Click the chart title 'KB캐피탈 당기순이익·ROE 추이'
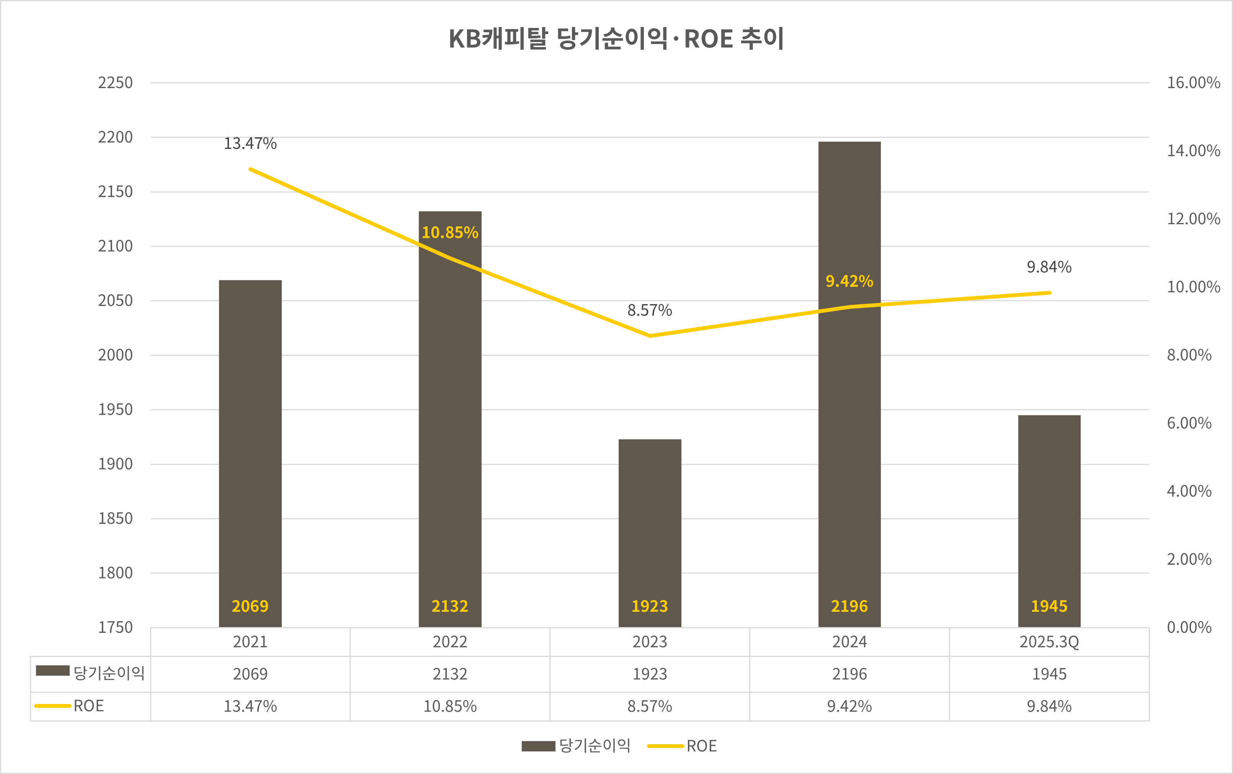tap(616, 39)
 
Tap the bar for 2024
tap(849, 409)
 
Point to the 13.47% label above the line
tap(250, 144)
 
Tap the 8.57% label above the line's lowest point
tap(649, 310)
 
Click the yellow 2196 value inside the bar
tap(849, 606)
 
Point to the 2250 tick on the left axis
tap(115, 83)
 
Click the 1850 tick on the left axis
tap(115, 518)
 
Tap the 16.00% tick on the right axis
tap(1193, 83)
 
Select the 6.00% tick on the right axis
tap(1189, 423)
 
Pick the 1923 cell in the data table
tap(649, 674)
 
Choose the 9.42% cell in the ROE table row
tap(849, 706)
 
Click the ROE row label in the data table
tap(88, 706)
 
